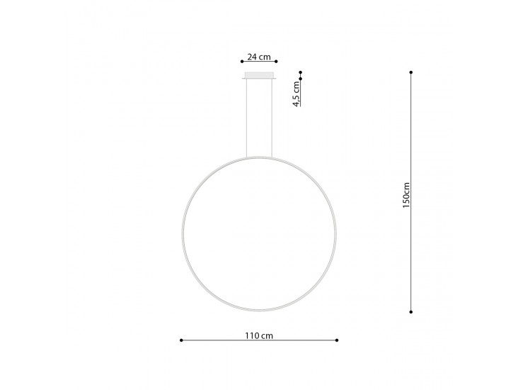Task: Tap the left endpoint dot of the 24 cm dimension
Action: tap(242, 62)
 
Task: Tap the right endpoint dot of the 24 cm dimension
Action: tap(276, 62)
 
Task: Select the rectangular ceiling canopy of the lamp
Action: tap(259, 76)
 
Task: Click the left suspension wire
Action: tap(245, 117)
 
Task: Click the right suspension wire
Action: tap(273, 117)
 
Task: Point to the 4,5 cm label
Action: tap(297, 94)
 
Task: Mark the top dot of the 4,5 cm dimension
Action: tap(300, 72)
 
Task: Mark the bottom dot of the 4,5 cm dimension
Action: tap(300, 79)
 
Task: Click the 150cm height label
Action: tap(405, 193)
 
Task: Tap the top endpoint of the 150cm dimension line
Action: tap(411, 72)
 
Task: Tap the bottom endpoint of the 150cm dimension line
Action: tap(411, 311)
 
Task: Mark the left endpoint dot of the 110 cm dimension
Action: tap(182, 340)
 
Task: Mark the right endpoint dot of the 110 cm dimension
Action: tap(338, 340)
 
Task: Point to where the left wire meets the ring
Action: tap(245, 157)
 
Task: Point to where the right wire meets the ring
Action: tap(273, 157)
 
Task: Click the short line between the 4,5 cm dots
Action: tap(300, 76)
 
